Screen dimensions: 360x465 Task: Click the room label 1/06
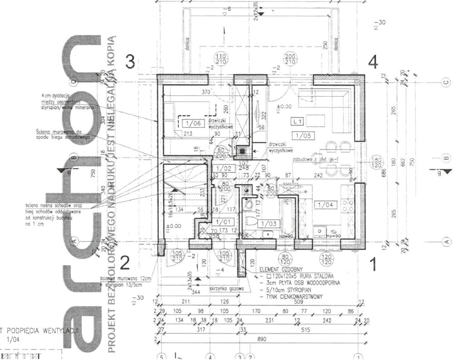[193, 123]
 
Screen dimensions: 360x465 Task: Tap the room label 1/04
[325, 205]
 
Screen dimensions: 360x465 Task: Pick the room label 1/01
[223, 222]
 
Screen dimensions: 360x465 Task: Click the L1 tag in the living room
[298, 122]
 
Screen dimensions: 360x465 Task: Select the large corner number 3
[130, 62]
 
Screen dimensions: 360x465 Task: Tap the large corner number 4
[373, 62]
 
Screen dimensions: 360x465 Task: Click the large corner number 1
[373, 265]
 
